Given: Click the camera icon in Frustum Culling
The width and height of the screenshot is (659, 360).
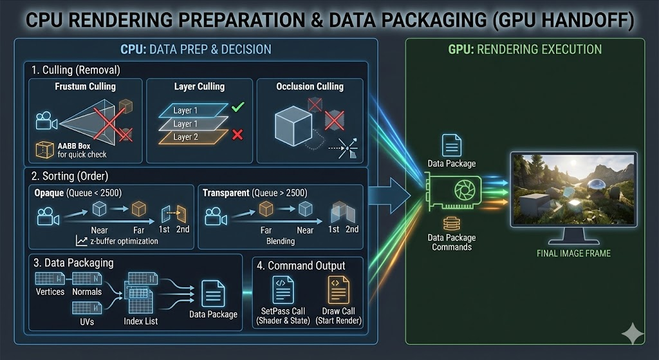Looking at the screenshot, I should point(44,120).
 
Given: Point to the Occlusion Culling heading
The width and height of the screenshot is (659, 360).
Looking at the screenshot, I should point(310,86).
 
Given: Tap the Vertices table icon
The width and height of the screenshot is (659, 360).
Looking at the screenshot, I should point(49,278).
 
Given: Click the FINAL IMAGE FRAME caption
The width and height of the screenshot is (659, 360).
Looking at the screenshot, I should point(573,253).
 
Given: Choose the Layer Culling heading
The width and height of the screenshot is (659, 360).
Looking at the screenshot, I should point(200,86).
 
